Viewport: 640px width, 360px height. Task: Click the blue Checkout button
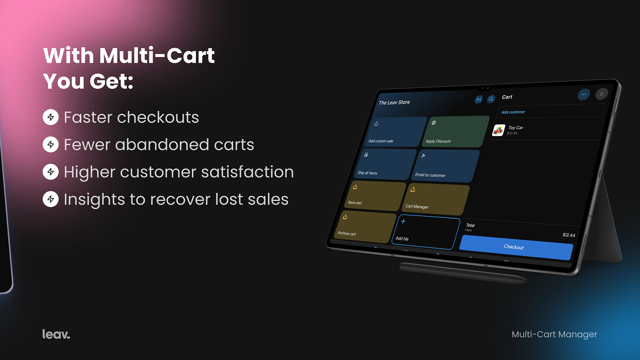coord(516,247)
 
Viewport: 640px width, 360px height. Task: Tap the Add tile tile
coord(426,232)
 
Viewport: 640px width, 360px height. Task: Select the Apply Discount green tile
coord(455,132)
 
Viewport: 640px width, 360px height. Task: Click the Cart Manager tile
coord(436,199)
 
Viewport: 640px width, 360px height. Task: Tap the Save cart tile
coord(376,196)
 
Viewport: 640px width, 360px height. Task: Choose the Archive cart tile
coord(365,227)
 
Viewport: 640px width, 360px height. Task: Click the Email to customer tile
coord(445,166)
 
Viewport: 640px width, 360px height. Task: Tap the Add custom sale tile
coord(396,132)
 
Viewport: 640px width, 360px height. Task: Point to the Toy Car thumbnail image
coord(498,130)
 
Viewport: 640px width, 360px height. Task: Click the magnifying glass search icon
coord(491,99)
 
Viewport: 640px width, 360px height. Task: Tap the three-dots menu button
coord(584,94)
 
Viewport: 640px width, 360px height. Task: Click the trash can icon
coord(602,94)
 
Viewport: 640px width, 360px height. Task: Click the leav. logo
coord(56,334)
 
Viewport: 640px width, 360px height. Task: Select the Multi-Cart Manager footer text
coord(554,334)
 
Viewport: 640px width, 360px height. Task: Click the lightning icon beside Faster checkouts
coord(50,117)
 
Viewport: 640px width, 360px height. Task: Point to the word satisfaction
coord(248,172)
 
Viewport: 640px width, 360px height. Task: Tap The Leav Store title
coord(394,102)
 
